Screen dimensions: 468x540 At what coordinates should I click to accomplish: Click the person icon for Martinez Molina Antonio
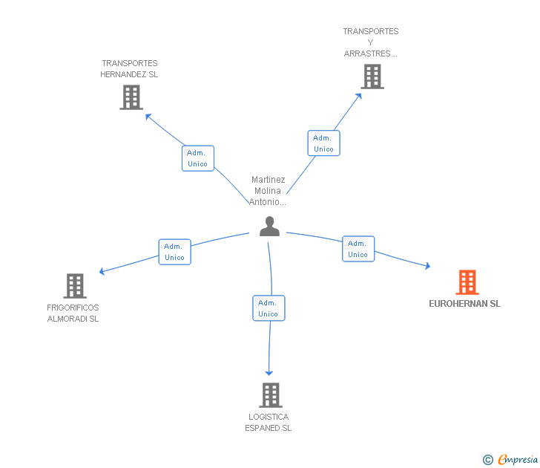[269, 227]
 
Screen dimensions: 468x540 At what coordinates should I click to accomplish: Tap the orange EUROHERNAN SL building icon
[467, 282]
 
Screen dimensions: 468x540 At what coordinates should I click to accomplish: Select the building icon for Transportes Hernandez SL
[131, 97]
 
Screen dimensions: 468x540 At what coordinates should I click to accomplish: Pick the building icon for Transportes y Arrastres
[372, 77]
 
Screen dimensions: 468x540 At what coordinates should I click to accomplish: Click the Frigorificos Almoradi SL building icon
[74, 286]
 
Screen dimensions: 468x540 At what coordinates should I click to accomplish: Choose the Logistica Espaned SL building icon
[270, 395]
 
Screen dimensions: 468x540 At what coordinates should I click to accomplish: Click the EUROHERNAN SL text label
[464, 304]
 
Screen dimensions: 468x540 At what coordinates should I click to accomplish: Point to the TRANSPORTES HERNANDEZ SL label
[130, 69]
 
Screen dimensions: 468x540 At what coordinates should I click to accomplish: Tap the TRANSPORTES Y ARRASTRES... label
[371, 42]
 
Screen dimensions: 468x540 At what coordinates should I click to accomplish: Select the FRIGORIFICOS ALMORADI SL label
[73, 313]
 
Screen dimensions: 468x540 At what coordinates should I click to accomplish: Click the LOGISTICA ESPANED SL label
[269, 422]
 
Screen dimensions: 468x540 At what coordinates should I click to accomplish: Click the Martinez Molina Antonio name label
[268, 191]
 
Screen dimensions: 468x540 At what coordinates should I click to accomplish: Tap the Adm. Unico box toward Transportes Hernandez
[197, 158]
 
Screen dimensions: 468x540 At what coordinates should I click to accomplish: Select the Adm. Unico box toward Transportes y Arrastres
[323, 143]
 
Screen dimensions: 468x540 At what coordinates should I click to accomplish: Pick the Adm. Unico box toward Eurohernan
[358, 249]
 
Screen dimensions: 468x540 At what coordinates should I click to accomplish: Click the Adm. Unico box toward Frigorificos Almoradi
[174, 252]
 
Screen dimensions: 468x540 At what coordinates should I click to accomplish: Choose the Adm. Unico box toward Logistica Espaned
[268, 308]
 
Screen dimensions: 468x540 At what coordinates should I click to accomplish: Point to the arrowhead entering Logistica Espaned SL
[269, 372]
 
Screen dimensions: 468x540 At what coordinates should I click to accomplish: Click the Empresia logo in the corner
[511, 460]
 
